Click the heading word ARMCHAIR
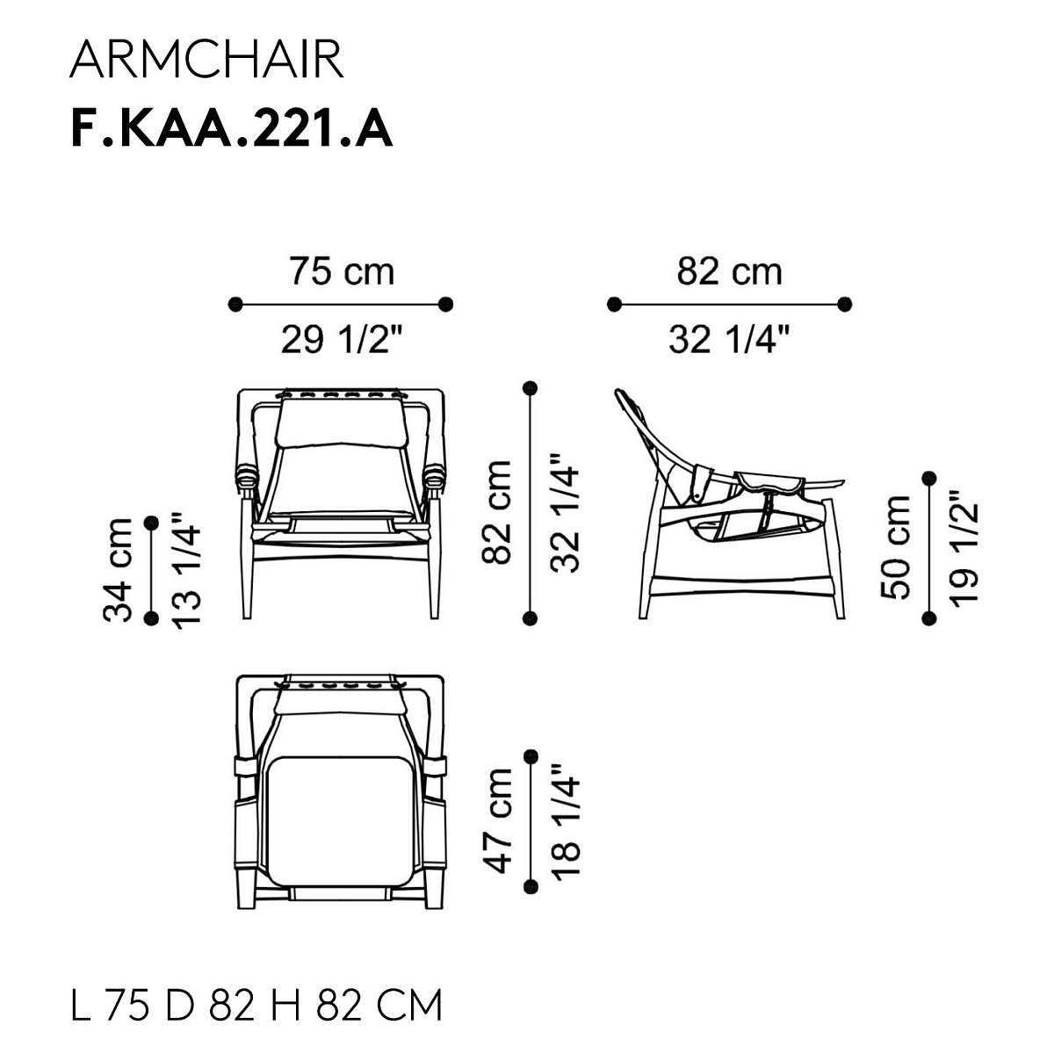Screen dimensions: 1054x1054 206,60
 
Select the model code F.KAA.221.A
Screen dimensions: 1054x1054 231,129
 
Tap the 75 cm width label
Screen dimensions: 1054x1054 342,271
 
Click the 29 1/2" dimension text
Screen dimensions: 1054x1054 342,339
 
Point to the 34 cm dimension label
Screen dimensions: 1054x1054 118,570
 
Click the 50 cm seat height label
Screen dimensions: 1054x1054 895,547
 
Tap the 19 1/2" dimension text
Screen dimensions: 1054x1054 964,547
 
